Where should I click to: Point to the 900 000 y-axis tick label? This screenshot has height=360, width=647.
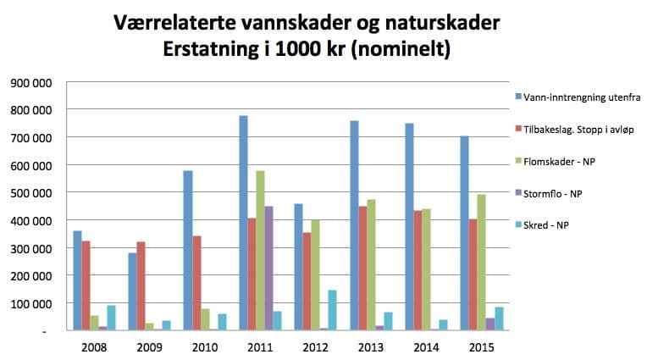(x=31, y=82)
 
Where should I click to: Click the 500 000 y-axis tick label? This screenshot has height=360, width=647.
(x=31, y=192)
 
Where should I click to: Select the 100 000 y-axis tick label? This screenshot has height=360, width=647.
(x=31, y=302)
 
